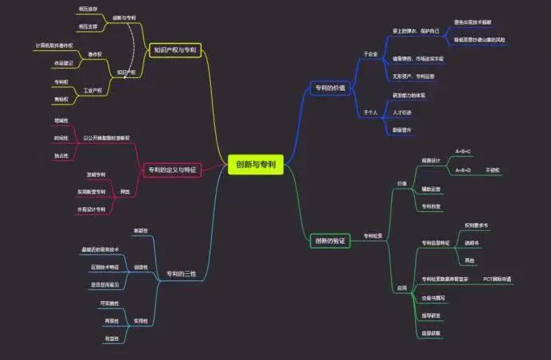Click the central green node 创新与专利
point(255,165)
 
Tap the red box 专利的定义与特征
point(172,170)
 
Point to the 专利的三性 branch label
point(181,273)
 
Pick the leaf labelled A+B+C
point(463,151)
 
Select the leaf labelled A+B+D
point(463,170)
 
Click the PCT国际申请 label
point(497,280)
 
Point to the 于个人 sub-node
point(370,112)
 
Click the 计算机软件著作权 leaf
point(54,45)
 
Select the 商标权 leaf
point(60,100)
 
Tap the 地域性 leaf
point(61,120)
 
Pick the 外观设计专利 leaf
point(90,209)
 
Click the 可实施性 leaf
point(110,303)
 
